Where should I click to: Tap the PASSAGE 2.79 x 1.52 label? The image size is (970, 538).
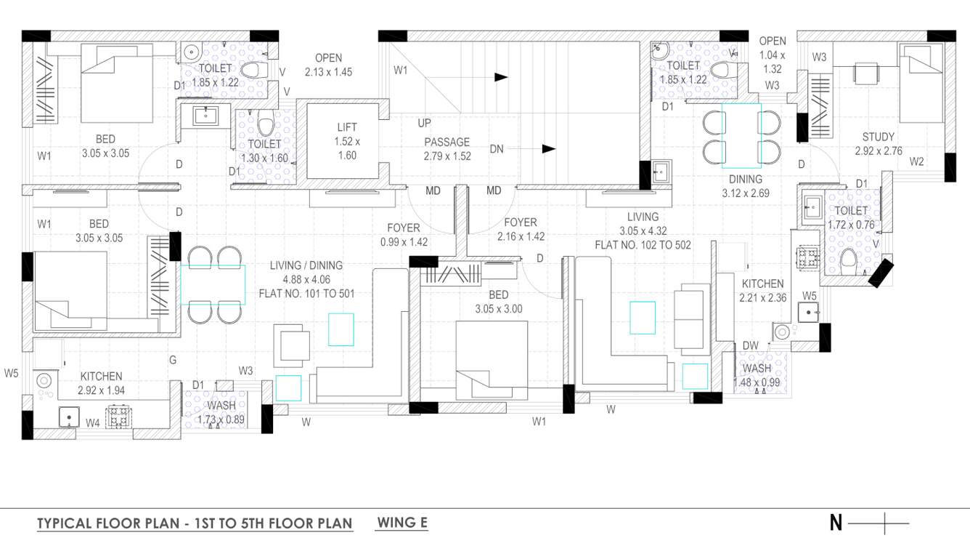point(447,149)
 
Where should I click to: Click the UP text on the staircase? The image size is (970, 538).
point(425,123)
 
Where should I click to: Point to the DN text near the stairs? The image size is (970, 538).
point(497,149)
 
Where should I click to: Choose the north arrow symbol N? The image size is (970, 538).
point(836,522)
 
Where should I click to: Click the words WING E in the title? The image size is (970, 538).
point(402,522)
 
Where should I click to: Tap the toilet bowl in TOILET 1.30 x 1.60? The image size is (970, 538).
point(265,125)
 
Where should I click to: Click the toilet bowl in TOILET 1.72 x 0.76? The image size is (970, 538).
point(847,259)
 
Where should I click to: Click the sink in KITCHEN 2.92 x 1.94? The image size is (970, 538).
point(68,418)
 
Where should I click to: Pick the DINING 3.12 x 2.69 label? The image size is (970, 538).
point(746,186)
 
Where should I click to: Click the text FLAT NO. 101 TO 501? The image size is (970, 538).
point(306,294)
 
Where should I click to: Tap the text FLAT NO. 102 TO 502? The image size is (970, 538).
point(643,245)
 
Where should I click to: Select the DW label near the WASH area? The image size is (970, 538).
point(750,345)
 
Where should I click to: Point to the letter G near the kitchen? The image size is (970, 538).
point(172,359)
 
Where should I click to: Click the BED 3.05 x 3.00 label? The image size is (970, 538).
point(498,301)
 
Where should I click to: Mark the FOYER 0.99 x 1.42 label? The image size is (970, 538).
point(403,234)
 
